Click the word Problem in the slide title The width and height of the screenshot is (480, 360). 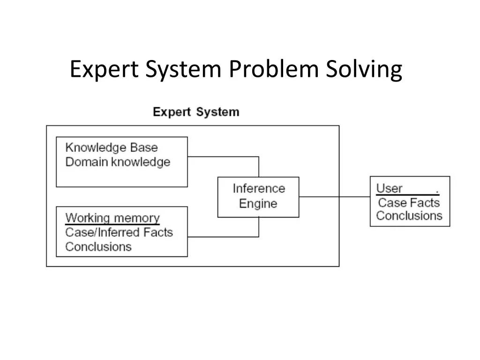click(x=273, y=70)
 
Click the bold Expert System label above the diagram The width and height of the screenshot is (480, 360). click(x=196, y=112)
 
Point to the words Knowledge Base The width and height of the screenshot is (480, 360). click(x=112, y=148)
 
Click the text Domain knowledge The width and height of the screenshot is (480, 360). click(x=118, y=162)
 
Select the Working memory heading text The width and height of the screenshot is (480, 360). click(x=112, y=218)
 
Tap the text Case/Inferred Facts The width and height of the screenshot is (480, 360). click(x=119, y=232)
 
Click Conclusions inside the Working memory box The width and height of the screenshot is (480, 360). click(x=98, y=247)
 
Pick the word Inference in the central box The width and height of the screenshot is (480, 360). click(x=259, y=188)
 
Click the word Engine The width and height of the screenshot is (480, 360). click(x=258, y=203)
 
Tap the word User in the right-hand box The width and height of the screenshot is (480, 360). click(x=390, y=188)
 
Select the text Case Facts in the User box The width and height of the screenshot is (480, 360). click(x=409, y=202)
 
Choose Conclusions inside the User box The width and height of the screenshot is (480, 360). click(x=409, y=216)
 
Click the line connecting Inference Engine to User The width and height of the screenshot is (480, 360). click(x=334, y=197)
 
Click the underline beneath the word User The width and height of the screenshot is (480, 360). click(x=407, y=195)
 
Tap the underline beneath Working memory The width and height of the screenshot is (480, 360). click(x=112, y=225)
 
